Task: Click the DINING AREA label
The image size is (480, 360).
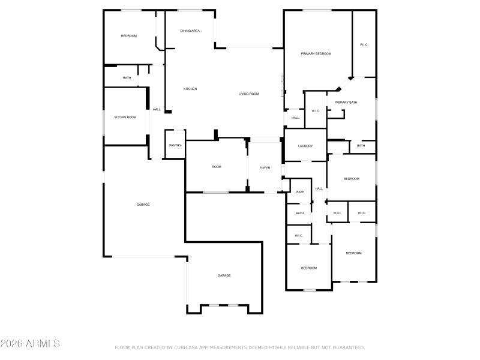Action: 190,31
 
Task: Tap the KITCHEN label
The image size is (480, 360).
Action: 190,89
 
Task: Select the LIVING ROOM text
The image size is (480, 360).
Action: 248,94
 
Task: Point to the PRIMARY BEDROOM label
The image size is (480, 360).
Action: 316,54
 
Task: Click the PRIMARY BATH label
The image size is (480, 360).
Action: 346,103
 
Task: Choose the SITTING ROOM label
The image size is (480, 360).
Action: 125,117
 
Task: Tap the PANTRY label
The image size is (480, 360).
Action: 175,145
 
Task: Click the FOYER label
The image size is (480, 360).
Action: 265,167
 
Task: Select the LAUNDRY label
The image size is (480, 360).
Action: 305,146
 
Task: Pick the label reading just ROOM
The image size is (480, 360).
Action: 216,166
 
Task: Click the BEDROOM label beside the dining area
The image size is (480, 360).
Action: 129,36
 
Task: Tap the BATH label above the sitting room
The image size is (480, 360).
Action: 127,77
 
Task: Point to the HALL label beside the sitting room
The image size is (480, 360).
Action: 157,109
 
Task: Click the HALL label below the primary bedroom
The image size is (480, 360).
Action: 295,118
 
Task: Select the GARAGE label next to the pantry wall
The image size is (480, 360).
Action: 143,205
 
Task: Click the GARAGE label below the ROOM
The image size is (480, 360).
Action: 224,275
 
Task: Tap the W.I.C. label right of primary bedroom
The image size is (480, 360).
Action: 364,45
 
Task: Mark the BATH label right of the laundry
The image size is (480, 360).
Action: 361,146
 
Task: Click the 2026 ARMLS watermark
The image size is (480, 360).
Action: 30,344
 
